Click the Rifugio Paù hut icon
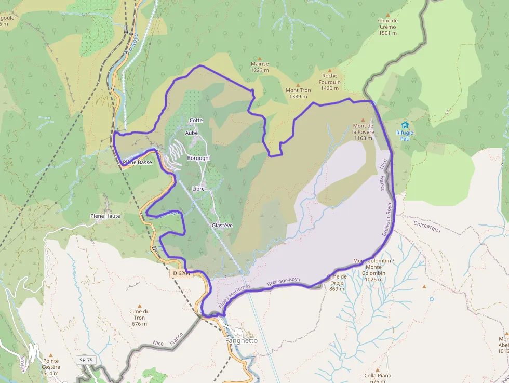click(x=405, y=125)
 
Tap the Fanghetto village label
click(x=242, y=341)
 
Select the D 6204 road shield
click(x=182, y=273)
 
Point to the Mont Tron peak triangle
click(x=298, y=84)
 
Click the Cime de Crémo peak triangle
click(x=388, y=15)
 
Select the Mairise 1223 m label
click(x=260, y=67)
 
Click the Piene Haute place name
click(x=105, y=216)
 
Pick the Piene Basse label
click(x=137, y=162)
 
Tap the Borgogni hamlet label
click(x=198, y=157)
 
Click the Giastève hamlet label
click(x=222, y=225)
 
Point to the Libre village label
click(x=198, y=189)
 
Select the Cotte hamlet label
click(x=196, y=120)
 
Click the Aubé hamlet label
click(x=192, y=133)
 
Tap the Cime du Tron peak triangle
click(x=139, y=306)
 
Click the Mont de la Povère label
click(x=364, y=131)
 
